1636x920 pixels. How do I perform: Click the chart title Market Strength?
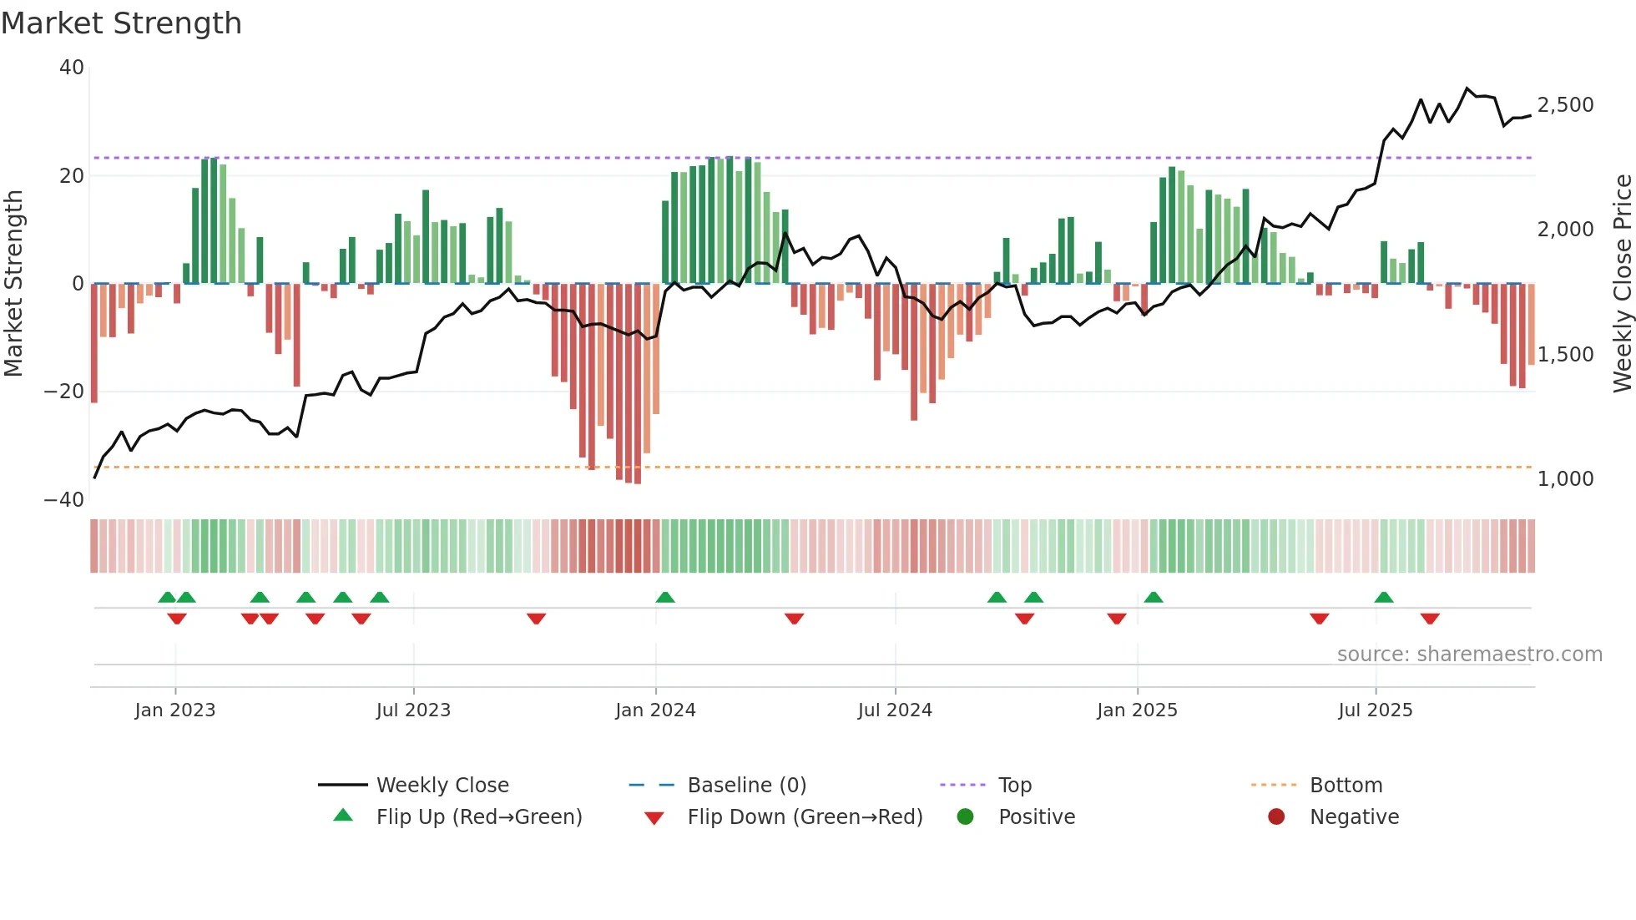(x=121, y=23)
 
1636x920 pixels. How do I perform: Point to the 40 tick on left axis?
(x=72, y=68)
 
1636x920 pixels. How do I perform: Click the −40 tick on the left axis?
(x=64, y=499)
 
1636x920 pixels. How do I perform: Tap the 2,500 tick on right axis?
(x=1565, y=105)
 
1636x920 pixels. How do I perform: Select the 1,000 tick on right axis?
(x=1565, y=479)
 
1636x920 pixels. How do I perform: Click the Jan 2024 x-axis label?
(x=655, y=710)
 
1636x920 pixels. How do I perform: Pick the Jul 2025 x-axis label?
(x=1375, y=710)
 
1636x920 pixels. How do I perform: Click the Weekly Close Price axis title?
(x=1622, y=284)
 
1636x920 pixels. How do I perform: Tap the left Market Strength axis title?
(x=13, y=284)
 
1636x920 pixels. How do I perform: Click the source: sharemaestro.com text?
(x=1469, y=655)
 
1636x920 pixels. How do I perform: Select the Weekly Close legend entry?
(x=442, y=786)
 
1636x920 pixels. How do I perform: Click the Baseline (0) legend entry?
(x=746, y=786)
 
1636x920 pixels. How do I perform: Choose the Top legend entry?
(x=1015, y=786)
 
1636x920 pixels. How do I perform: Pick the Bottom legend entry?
(x=1346, y=786)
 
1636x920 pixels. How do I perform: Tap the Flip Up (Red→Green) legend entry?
(x=478, y=817)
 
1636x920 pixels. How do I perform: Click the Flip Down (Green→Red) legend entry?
(x=805, y=817)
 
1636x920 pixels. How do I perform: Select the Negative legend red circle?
(x=1276, y=817)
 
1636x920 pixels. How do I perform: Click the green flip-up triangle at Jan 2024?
(x=665, y=597)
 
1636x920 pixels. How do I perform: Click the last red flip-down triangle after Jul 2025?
(x=1430, y=619)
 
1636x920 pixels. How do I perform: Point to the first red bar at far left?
(x=94, y=342)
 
